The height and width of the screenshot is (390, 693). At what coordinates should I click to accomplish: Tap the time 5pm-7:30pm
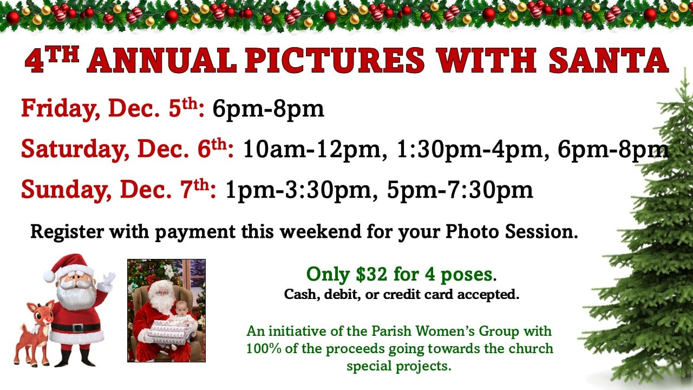point(460,190)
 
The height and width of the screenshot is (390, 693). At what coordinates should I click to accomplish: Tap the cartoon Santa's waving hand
point(108,279)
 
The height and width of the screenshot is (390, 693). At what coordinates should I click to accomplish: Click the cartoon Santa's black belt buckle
point(76,328)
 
